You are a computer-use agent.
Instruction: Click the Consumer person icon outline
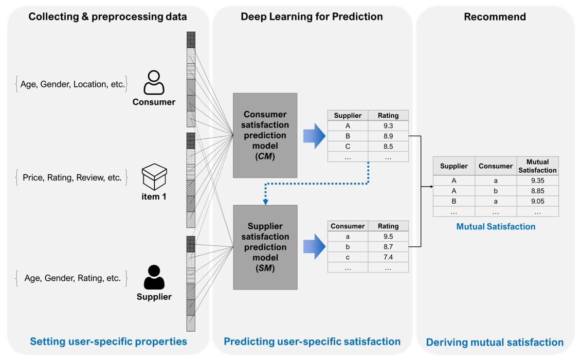tap(154, 83)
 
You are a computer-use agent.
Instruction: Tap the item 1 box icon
tap(154, 177)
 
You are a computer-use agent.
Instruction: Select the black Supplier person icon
tap(154, 277)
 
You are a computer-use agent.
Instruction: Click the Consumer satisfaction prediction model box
tap(265, 135)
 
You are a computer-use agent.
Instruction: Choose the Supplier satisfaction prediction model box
tap(265, 247)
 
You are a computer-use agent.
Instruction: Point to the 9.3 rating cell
tap(388, 126)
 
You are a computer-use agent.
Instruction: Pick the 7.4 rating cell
tap(388, 257)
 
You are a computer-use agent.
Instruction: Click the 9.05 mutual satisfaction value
tap(537, 201)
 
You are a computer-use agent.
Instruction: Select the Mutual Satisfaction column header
tap(537, 166)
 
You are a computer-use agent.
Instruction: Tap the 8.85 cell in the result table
tap(537, 191)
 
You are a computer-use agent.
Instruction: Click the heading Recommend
tap(495, 17)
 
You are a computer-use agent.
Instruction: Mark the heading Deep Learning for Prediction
tap(312, 17)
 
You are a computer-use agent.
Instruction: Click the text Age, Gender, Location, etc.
tap(72, 84)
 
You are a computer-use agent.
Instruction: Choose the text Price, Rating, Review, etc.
tap(72, 178)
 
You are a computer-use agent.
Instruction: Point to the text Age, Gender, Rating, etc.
tap(72, 278)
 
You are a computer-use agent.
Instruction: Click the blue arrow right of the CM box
tap(314, 136)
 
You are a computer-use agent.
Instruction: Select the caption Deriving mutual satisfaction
tap(495, 343)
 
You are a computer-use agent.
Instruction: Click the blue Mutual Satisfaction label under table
tap(496, 226)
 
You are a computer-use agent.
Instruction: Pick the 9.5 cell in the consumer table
tap(388, 237)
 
